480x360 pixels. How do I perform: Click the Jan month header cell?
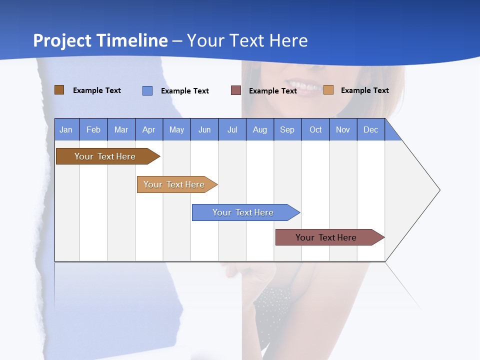[x=66, y=129]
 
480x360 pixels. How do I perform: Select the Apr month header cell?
[x=149, y=129]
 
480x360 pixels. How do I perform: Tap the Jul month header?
[x=232, y=129]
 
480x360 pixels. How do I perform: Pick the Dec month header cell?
[x=370, y=129]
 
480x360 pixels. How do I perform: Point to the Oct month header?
[x=315, y=129]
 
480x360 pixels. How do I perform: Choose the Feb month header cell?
[x=93, y=129]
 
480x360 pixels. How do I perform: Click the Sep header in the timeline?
[x=287, y=129]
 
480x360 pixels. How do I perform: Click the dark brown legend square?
[x=59, y=90]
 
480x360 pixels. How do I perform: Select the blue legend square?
[x=147, y=90]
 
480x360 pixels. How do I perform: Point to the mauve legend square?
[x=236, y=90]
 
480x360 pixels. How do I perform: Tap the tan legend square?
[x=328, y=90]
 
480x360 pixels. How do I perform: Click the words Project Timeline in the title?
[x=100, y=40]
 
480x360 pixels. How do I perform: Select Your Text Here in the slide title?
[x=247, y=40]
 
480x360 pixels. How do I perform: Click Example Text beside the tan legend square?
[x=364, y=90]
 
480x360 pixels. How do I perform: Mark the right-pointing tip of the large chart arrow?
[x=439, y=190]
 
